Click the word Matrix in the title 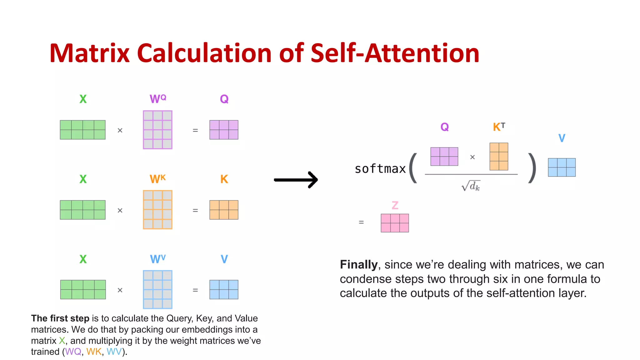[x=89, y=53]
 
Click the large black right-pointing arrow [x=296, y=180]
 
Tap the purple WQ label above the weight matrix [x=158, y=99]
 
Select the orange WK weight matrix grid [x=157, y=210]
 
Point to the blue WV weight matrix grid [x=157, y=289]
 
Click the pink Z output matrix [x=395, y=223]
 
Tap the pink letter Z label [x=395, y=205]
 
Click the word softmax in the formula [x=380, y=169]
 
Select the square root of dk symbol [x=471, y=186]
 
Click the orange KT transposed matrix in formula [x=499, y=157]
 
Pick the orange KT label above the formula [x=499, y=127]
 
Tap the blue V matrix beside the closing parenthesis [x=562, y=167]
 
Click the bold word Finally [x=359, y=264]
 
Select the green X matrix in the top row [x=82, y=130]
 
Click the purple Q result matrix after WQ [x=224, y=130]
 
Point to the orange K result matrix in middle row [x=224, y=210]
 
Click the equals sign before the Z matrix [x=361, y=222]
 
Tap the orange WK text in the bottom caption [x=94, y=352]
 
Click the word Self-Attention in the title [x=395, y=53]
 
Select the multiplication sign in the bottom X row [x=120, y=290]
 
